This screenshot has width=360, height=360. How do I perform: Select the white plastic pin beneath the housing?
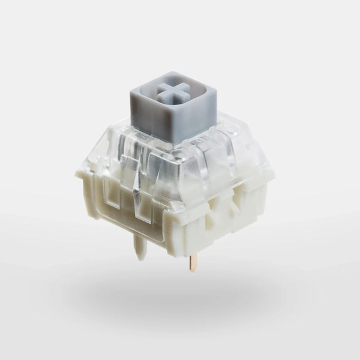pos(139,245)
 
